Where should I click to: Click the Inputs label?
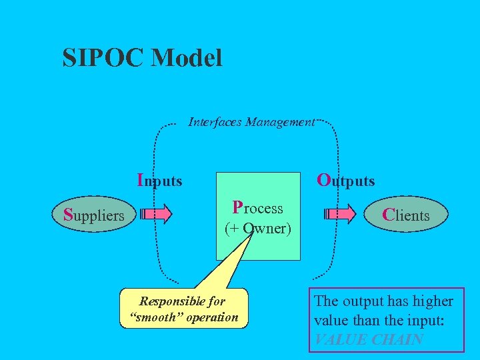click(x=159, y=180)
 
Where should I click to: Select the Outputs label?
click(x=345, y=180)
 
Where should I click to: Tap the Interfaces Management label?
click(x=251, y=122)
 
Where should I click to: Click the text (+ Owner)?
click(x=257, y=229)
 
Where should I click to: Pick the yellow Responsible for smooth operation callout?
click(x=183, y=309)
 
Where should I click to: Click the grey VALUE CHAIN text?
click(x=368, y=339)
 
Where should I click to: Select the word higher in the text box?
click(x=428, y=301)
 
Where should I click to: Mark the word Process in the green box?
click(x=257, y=208)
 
